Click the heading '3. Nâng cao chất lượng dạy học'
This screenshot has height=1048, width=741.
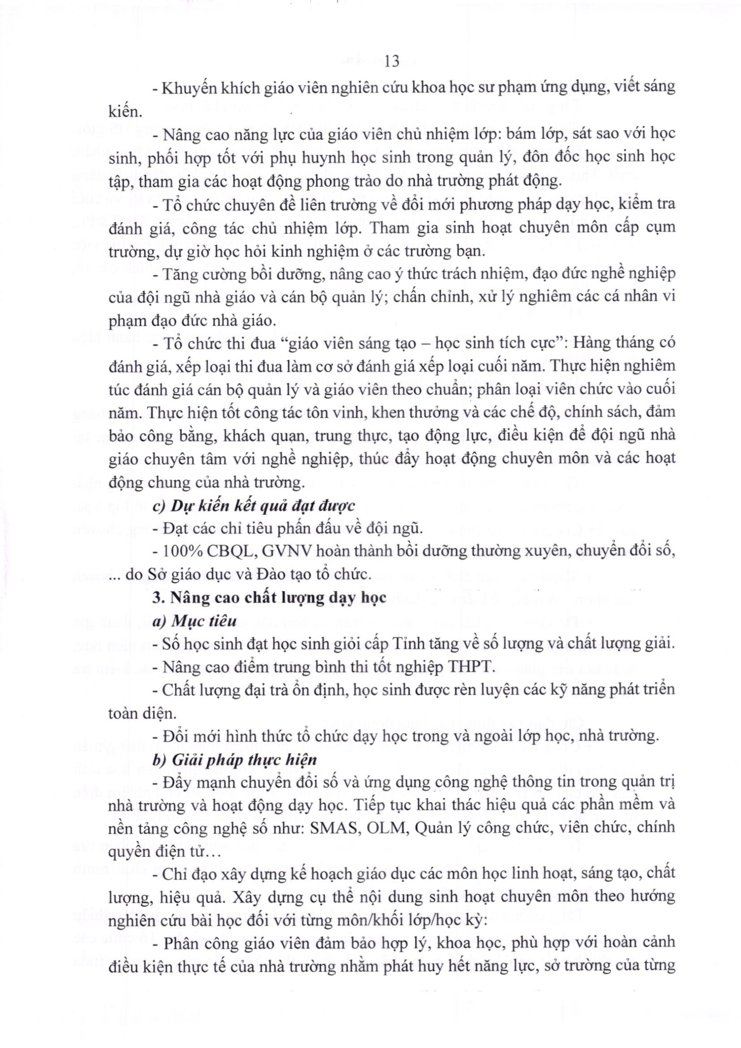270,597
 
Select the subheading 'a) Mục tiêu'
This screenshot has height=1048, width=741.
195,621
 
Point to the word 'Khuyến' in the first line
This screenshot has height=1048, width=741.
186,88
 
